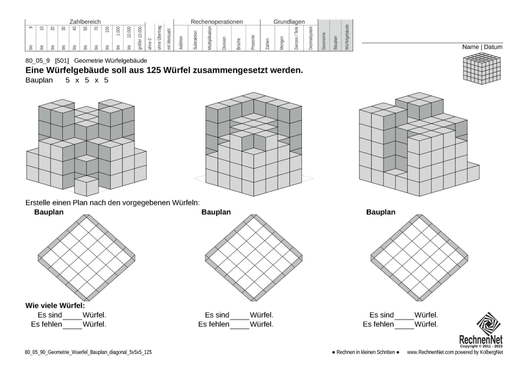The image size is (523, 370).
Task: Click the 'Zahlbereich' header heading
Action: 85,22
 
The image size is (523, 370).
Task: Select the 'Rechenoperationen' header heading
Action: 217,22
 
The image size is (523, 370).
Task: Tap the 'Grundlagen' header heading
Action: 289,22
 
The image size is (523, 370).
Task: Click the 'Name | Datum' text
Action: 482,47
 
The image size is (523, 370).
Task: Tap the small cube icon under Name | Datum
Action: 482,68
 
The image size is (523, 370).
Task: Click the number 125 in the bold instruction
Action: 155,70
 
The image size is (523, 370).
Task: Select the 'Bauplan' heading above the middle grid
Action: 215,212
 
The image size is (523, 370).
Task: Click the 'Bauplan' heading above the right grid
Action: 380,212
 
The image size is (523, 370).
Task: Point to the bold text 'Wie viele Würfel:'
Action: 55,306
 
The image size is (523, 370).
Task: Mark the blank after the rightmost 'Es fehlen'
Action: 404,325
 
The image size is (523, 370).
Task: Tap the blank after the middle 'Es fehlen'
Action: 240,325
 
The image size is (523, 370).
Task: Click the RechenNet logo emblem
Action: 488,324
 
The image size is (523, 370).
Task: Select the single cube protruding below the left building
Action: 87,185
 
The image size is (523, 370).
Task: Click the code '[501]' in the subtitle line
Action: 62,60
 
